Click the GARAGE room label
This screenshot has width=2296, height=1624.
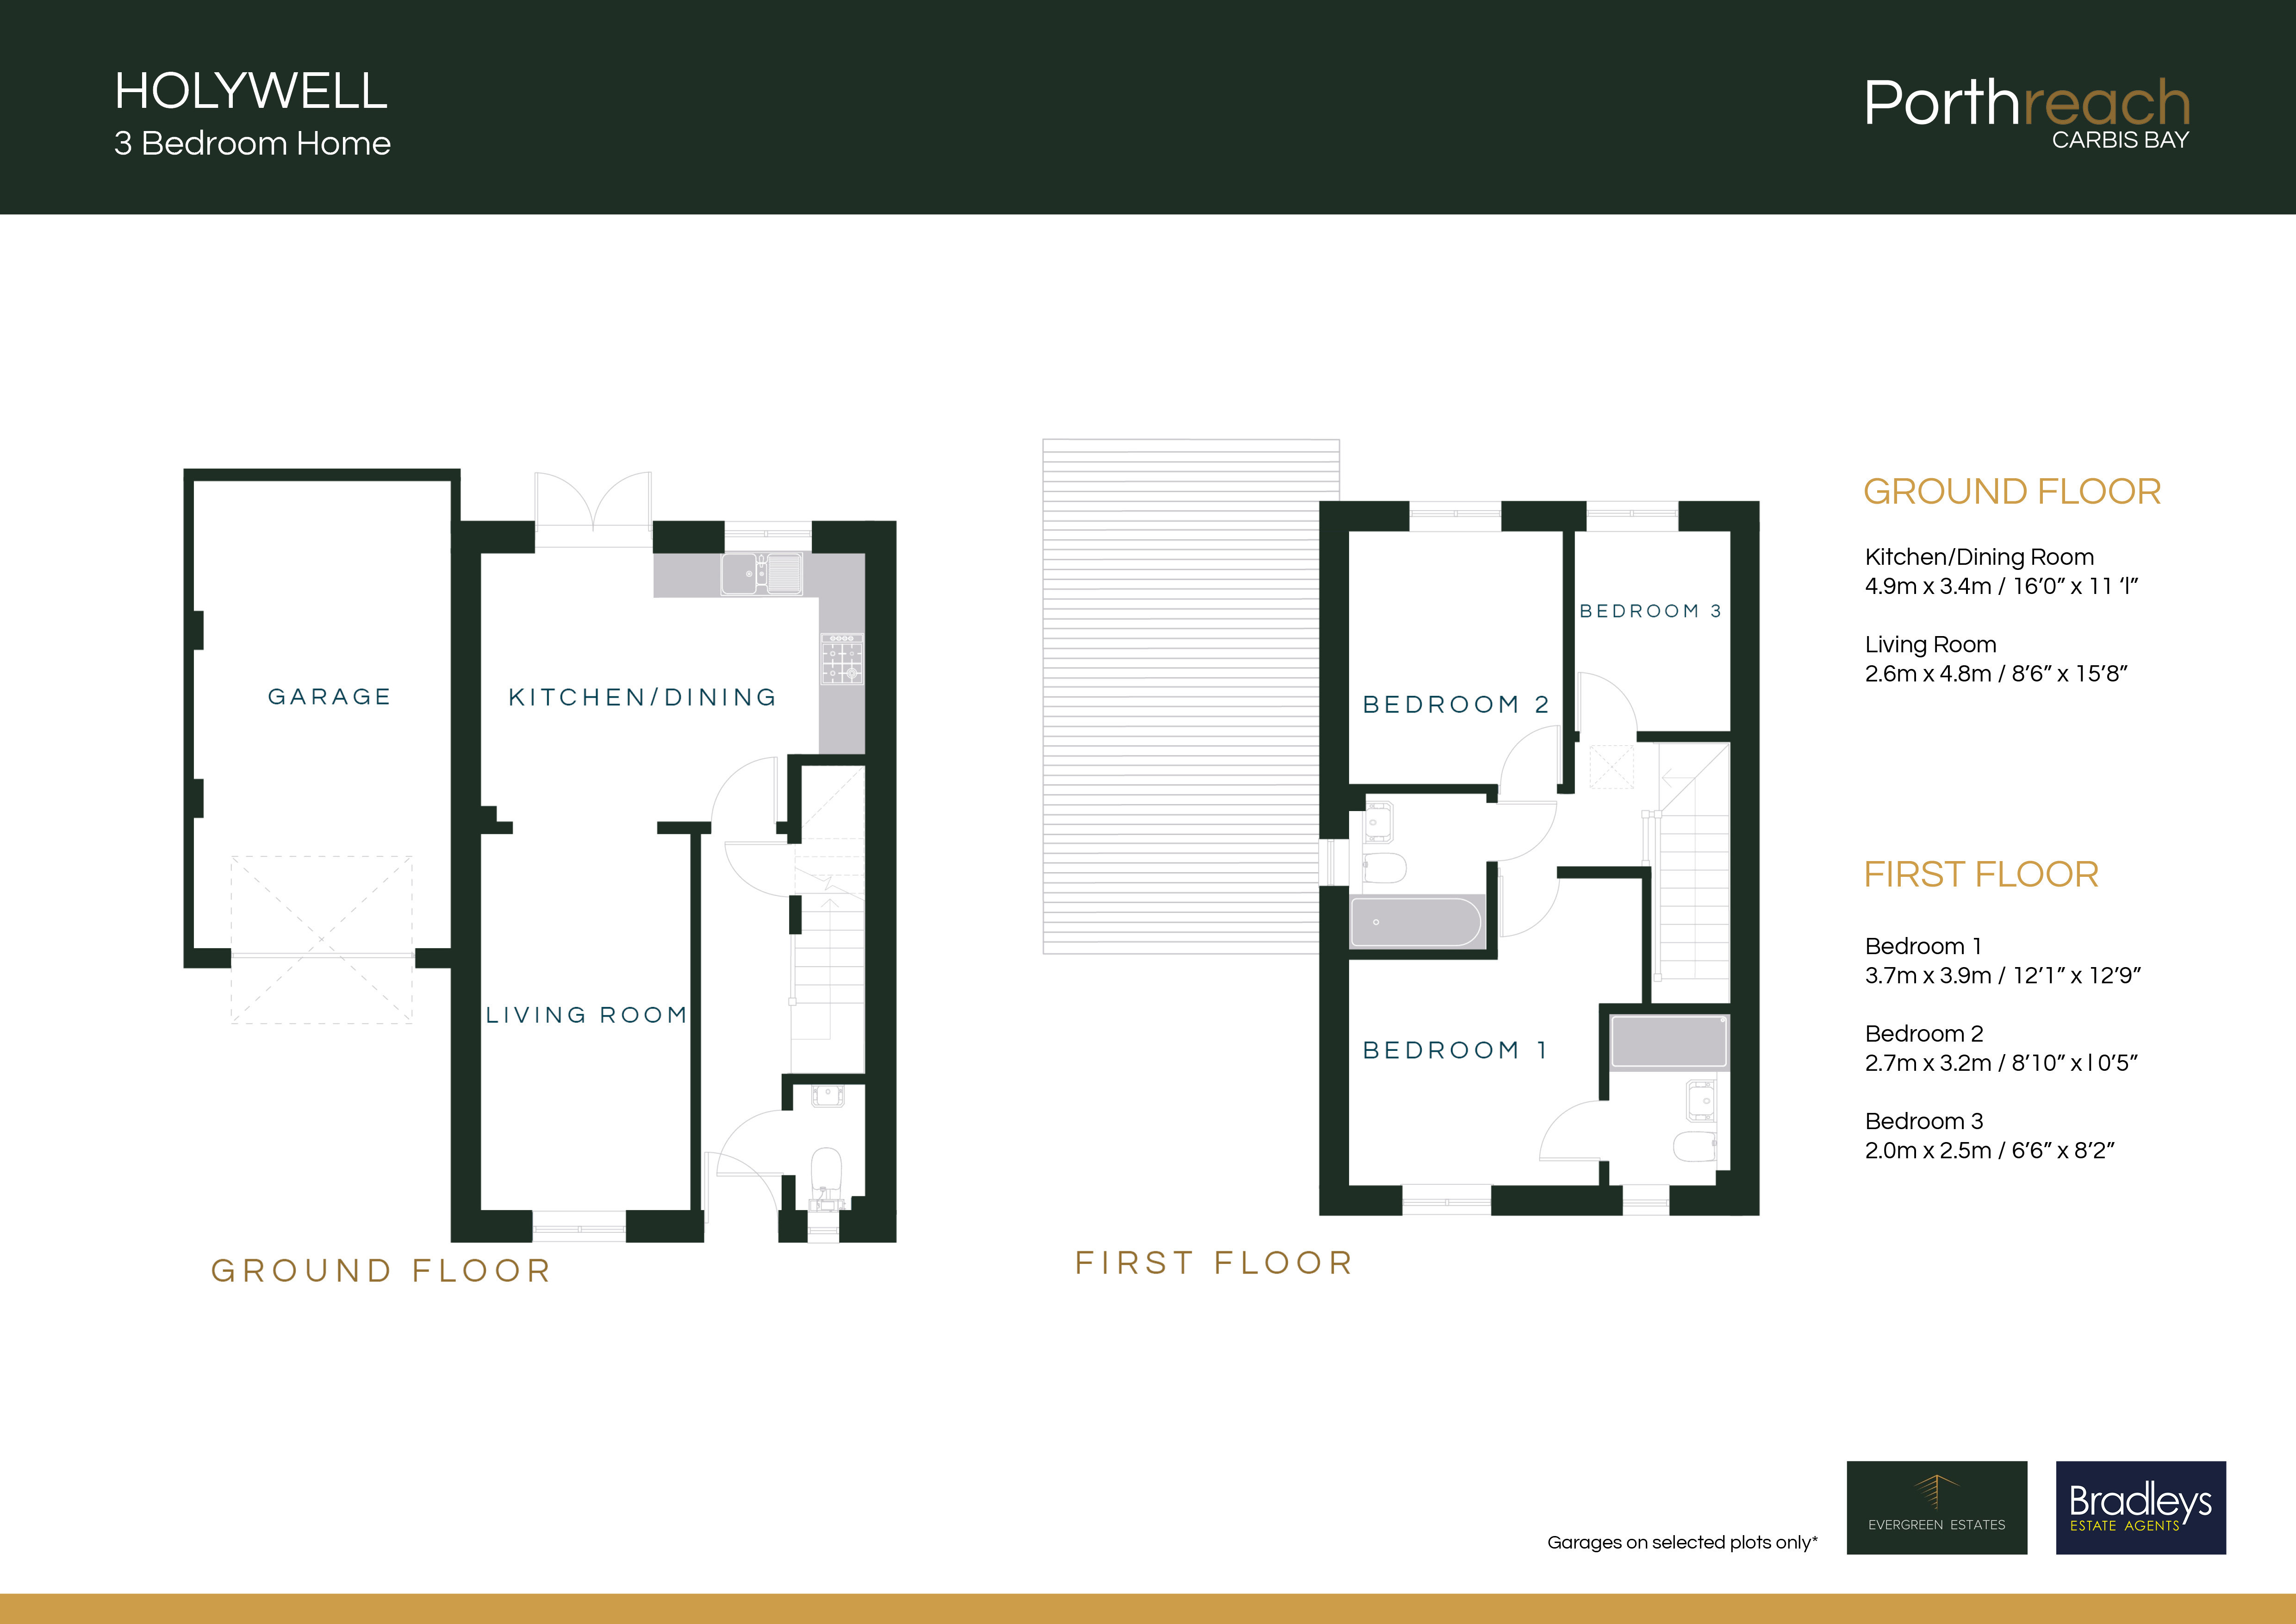coord(329,697)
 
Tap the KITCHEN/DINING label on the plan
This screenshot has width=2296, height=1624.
coord(642,697)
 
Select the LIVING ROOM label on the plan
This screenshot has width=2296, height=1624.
coord(587,1015)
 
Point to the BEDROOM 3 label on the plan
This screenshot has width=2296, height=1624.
coord(1650,611)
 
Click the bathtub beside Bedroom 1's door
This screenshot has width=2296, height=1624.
coord(1415,922)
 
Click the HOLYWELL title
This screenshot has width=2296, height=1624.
coord(251,92)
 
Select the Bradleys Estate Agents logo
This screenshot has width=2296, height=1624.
coord(2140,1507)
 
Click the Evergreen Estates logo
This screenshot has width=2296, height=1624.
coord(1936,1507)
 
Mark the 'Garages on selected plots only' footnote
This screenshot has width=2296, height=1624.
coord(1682,1542)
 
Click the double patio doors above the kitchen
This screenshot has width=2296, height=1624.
coord(593,510)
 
